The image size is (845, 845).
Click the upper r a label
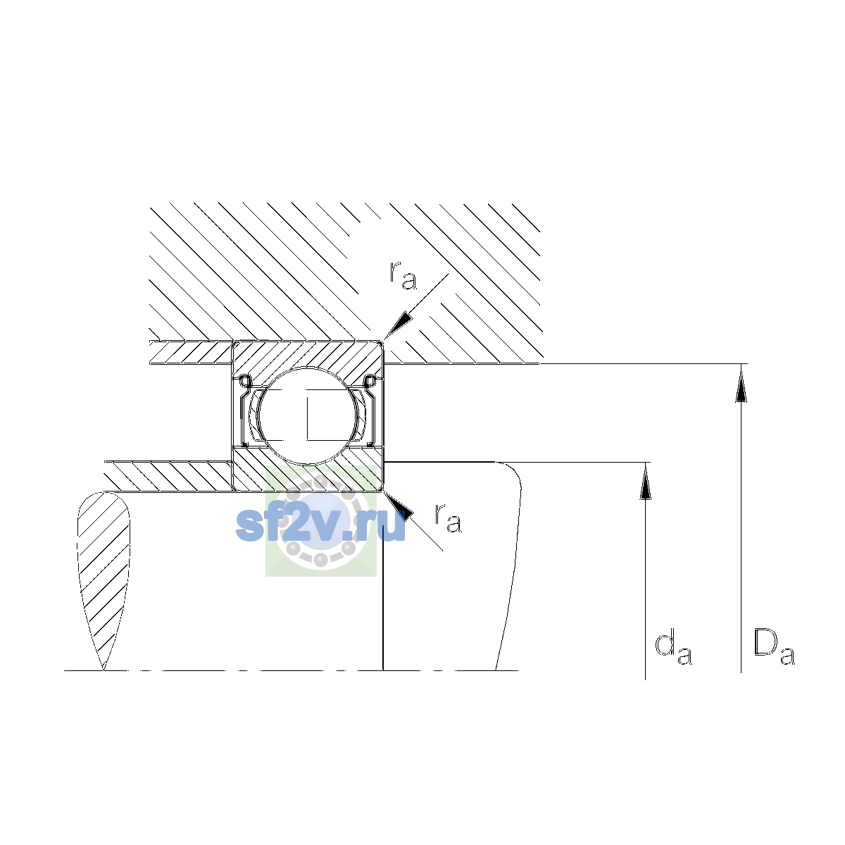click(403, 275)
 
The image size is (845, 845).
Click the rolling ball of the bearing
click(308, 415)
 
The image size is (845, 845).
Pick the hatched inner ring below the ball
click(308, 471)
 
